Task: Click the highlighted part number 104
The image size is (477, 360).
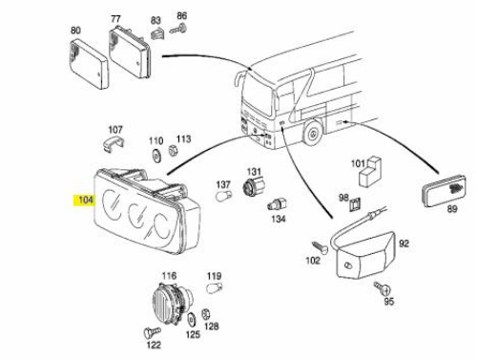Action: tap(86, 201)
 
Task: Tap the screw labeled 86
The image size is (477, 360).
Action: tap(179, 29)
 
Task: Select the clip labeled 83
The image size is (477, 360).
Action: tap(156, 33)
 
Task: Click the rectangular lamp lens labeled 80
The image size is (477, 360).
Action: tap(89, 65)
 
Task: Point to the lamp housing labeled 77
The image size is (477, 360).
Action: tap(130, 53)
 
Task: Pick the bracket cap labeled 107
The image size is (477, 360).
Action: tap(114, 143)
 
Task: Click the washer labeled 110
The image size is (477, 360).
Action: tap(156, 155)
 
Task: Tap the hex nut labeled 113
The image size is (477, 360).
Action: tap(173, 150)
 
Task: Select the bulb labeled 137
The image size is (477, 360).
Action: tap(223, 196)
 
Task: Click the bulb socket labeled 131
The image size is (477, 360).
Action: tap(254, 186)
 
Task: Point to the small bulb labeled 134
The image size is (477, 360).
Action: tap(278, 204)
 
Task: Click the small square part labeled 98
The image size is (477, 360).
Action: tap(355, 204)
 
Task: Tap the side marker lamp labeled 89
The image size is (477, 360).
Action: tap(445, 191)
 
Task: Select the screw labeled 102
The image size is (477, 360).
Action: tap(320, 247)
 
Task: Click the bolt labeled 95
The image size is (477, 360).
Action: tap(383, 287)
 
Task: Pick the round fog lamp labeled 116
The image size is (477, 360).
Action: tap(172, 301)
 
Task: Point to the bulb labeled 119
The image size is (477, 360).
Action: tap(214, 287)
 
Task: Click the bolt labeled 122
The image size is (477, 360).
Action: tap(152, 332)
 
